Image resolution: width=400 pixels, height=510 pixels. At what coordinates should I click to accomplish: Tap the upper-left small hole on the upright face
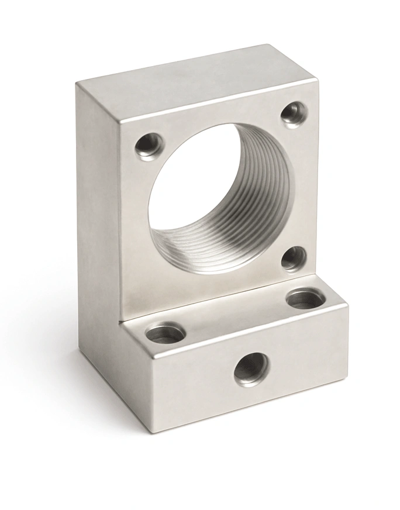148,144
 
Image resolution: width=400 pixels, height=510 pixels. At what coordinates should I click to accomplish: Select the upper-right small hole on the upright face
294,113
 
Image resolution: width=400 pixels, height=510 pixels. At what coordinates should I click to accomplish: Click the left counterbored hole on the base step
165,334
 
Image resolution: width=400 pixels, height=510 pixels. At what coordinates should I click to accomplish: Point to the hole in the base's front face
251,370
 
